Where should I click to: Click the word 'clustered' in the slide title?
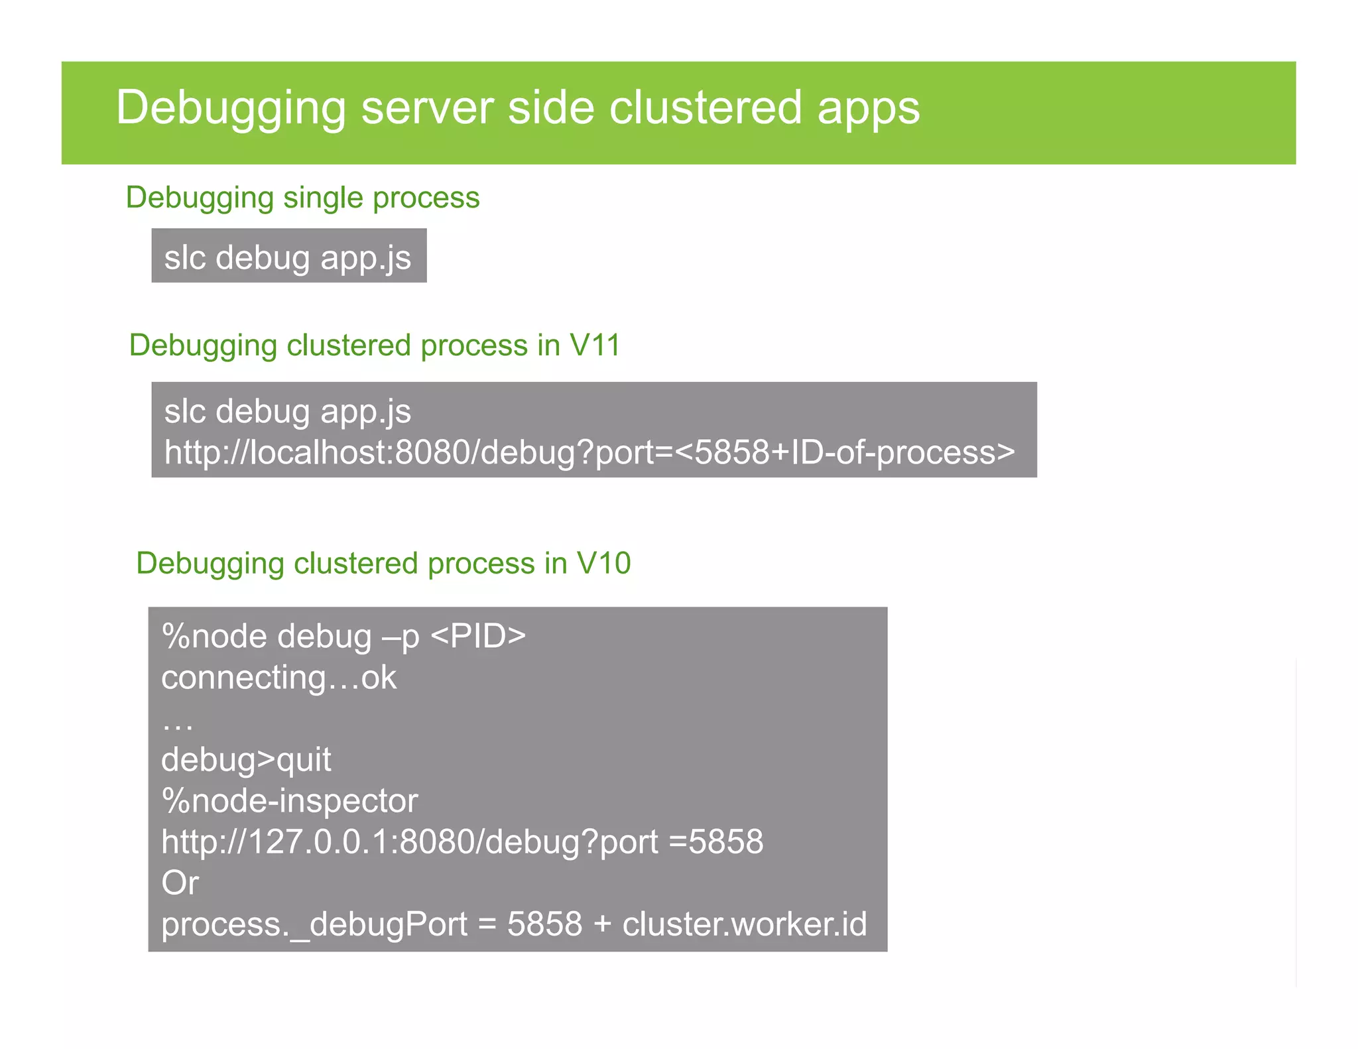pos(706,108)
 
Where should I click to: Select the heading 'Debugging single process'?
pos(302,198)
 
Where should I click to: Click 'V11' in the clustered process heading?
pos(595,345)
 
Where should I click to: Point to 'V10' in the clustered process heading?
pos(603,563)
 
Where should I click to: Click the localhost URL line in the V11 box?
pos(589,452)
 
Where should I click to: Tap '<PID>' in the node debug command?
pos(478,636)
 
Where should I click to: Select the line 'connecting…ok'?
pos(278,678)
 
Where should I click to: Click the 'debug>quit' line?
pos(246,760)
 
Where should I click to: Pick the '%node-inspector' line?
pos(290,801)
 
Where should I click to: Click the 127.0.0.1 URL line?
pos(462,842)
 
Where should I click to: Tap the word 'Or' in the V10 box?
pos(180,883)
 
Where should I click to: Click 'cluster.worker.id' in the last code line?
pos(744,924)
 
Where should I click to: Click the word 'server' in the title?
pos(427,108)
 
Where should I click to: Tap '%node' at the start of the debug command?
pos(214,636)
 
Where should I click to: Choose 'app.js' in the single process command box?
pos(365,257)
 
